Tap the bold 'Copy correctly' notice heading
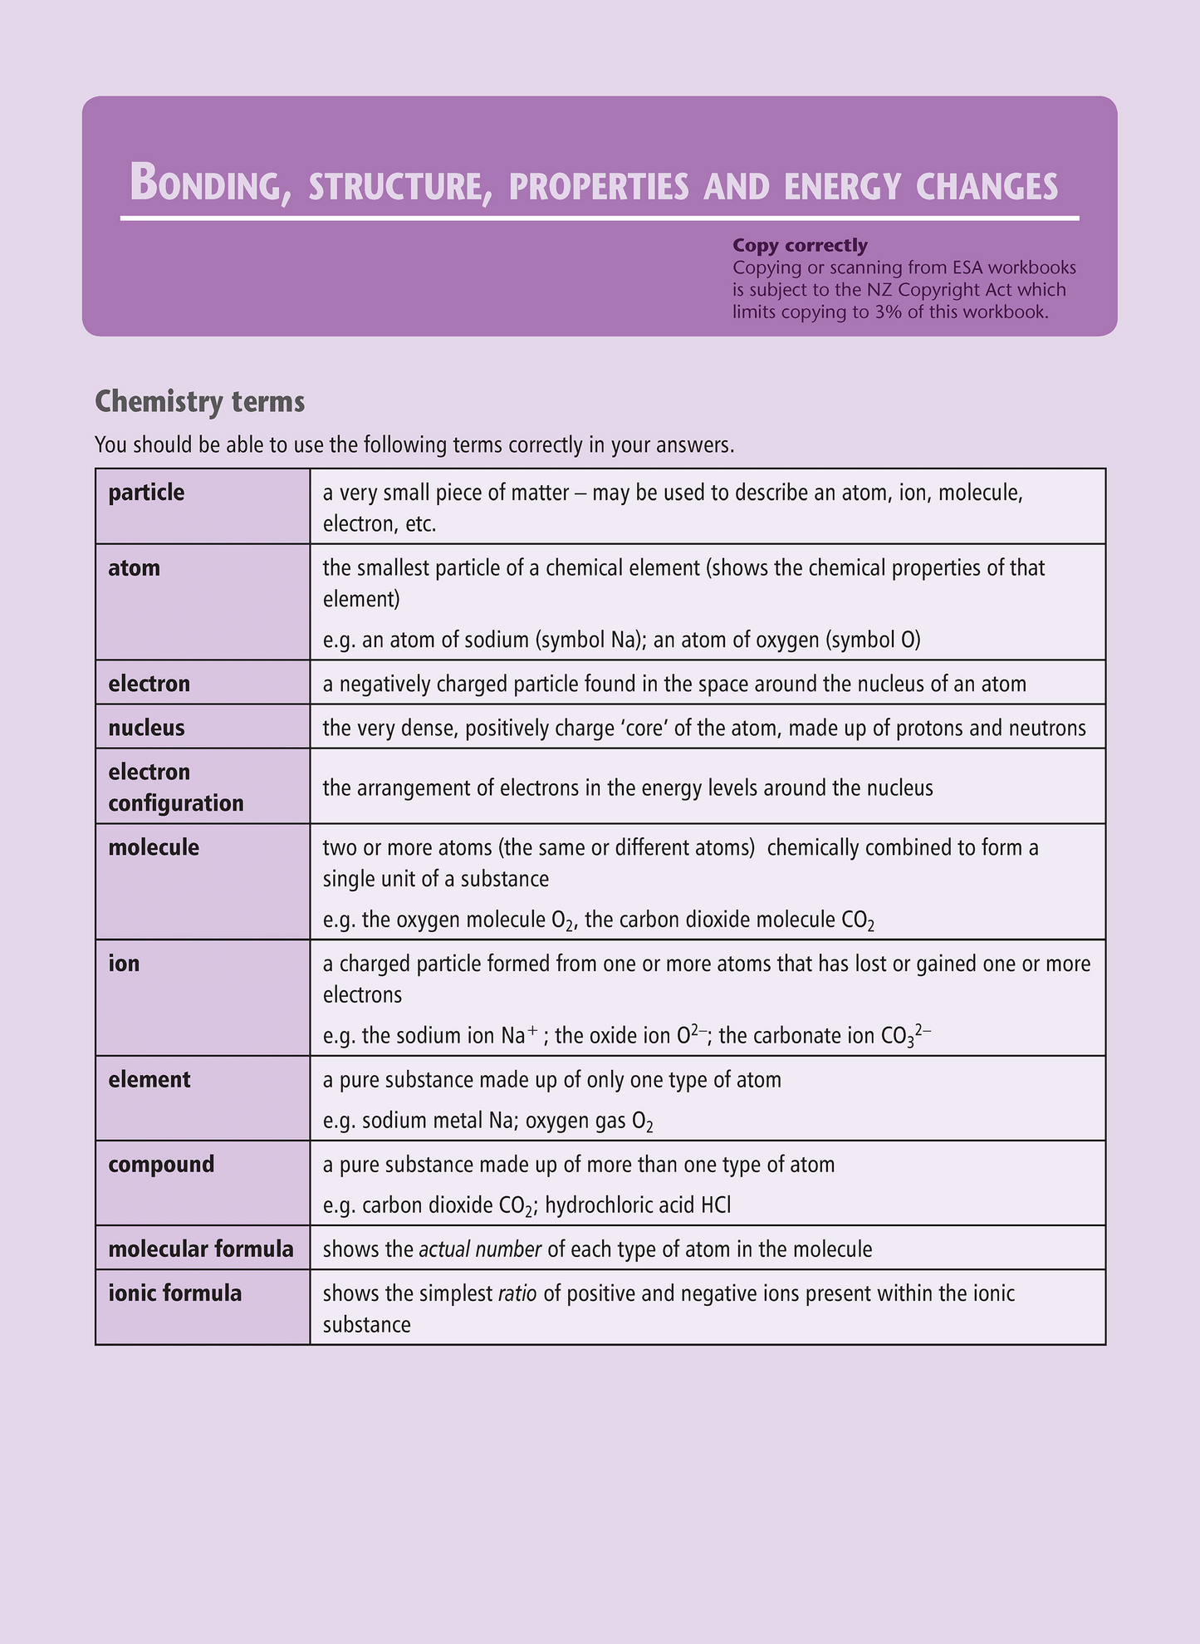(800, 245)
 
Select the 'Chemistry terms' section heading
(200, 402)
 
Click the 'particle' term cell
(146, 493)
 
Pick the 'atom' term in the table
(134, 568)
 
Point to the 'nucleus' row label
(146, 728)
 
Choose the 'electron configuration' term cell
(176, 788)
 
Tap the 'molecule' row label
(154, 847)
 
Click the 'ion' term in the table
(124, 964)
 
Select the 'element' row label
(149, 1079)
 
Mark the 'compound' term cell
(161, 1164)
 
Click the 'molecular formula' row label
(201, 1249)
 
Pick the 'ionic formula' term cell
(175, 1293)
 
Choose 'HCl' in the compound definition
(716, 1205)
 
